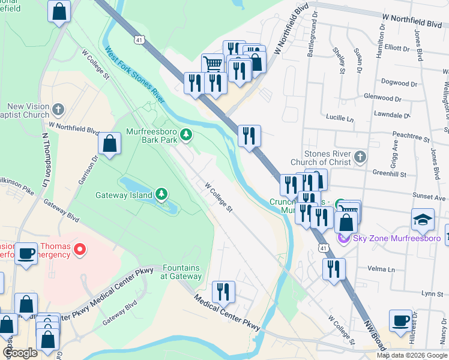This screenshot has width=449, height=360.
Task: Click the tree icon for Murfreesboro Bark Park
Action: pos(187,134)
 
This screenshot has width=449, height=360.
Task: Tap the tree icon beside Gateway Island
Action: pos(161,194)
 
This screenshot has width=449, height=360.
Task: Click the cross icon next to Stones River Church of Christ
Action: pos(360,157)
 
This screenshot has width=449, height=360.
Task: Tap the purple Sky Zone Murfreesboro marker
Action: pos(343,239)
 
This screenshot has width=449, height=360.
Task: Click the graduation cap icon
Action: pos(423,220)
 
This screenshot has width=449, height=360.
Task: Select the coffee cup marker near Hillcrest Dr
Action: pos(400,320)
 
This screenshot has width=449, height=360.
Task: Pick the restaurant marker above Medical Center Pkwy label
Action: pos(223,292)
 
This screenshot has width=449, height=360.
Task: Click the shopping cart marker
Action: pos(212,64)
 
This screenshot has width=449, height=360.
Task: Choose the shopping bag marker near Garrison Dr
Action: pos(110,143)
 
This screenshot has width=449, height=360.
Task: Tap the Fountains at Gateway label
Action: pos(181,272)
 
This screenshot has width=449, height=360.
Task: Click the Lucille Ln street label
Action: pos(340,119)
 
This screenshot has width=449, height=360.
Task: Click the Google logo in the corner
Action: pos(20,353)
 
